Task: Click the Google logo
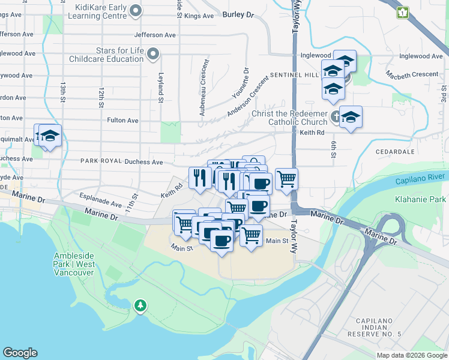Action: pos(20,353)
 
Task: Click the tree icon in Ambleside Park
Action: pos(140,305)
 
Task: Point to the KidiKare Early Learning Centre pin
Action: pos(136,10)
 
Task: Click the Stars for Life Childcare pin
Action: pos(153,54)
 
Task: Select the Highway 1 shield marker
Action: pos(402,12)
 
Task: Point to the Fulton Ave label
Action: pos(122,121)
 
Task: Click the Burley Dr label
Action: pos(238,14)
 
